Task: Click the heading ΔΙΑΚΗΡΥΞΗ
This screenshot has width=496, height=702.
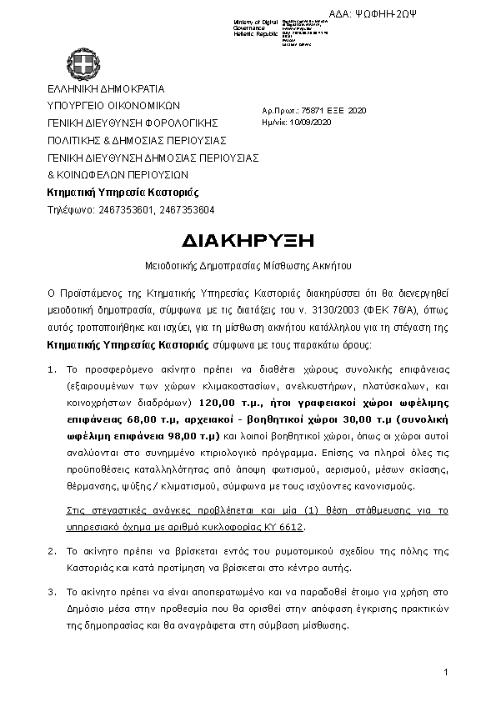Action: [x=248, y=240]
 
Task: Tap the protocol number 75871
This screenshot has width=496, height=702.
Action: [x=313, y=110]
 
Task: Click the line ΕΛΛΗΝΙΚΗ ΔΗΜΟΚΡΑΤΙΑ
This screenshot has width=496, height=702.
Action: [x=106, y=88]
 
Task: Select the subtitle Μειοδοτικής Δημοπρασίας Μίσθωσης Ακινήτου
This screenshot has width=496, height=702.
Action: [x=248, y=267]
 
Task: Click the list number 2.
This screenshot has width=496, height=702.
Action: [x=50, y=551]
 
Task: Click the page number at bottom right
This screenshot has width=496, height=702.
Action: [x=446, y=672]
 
